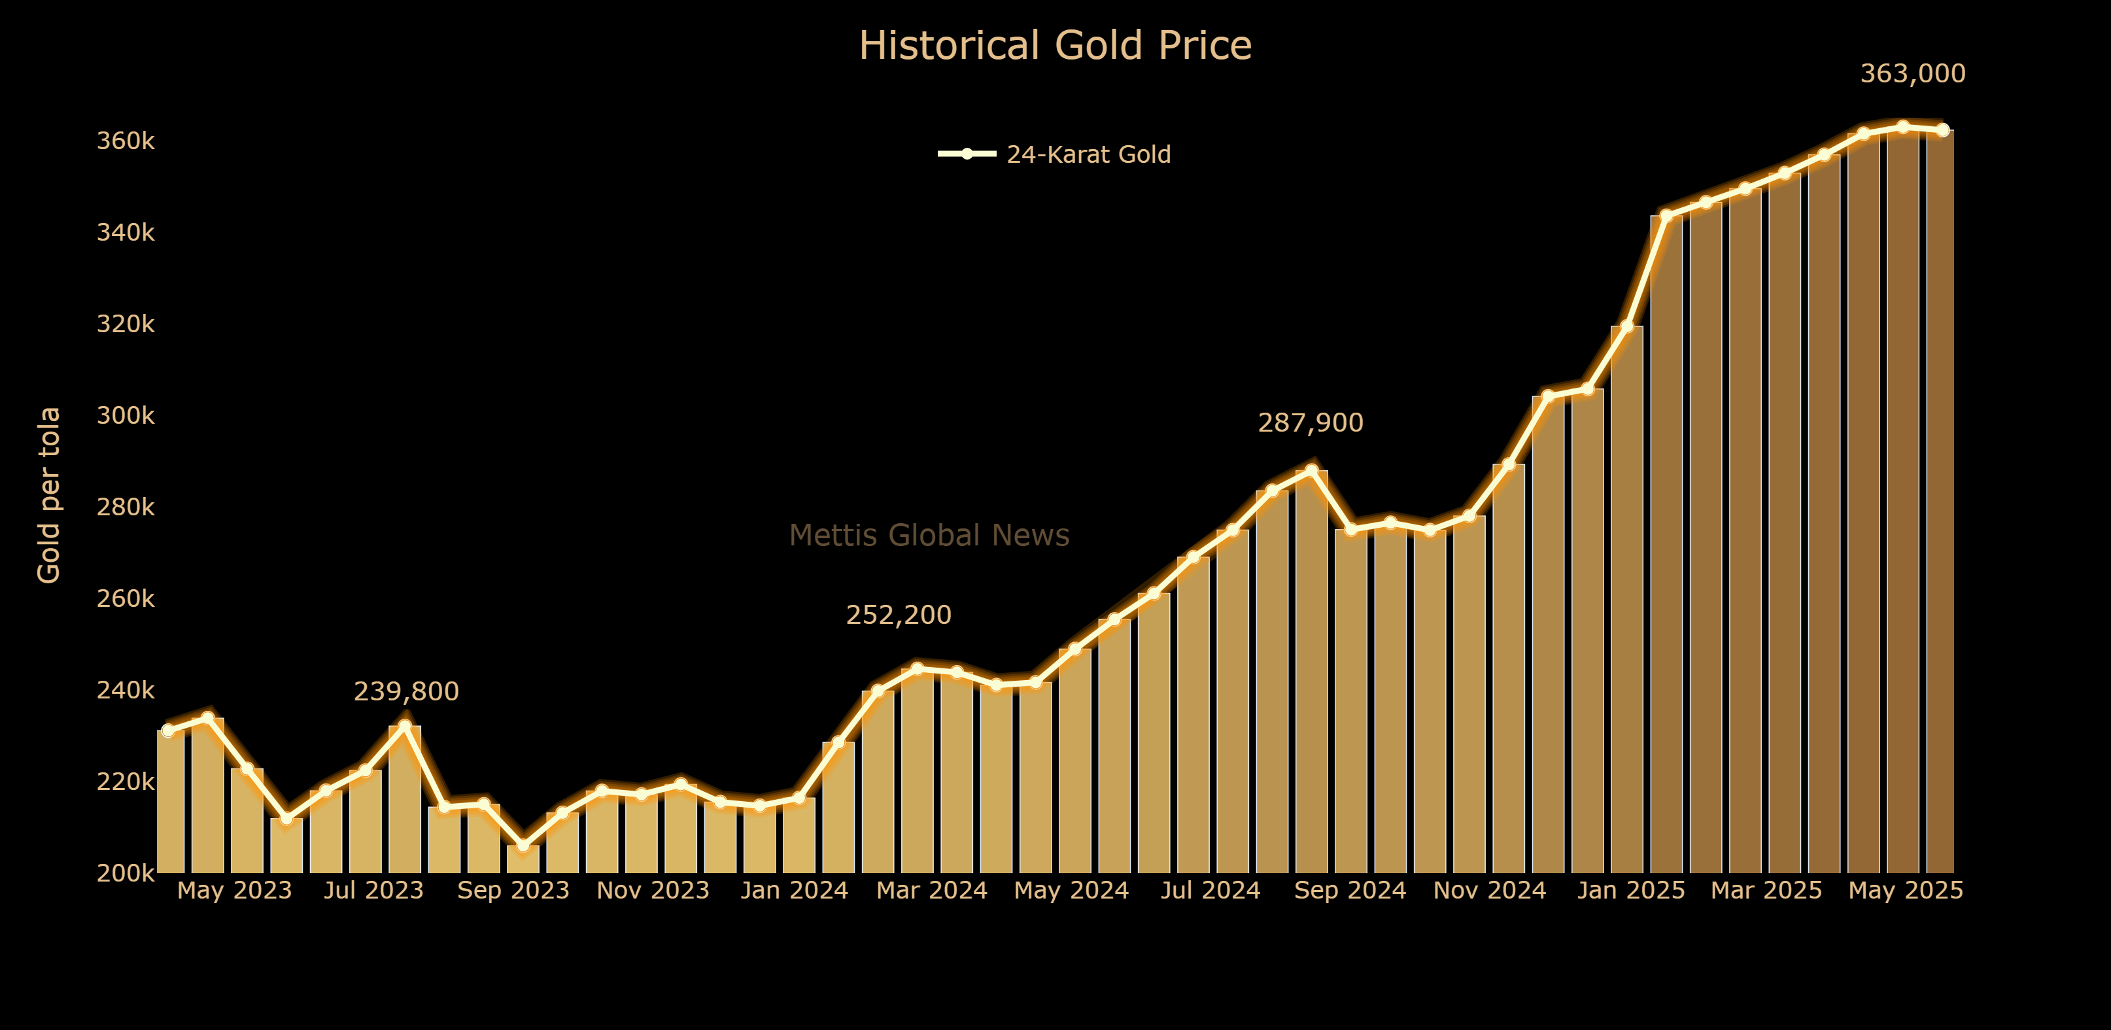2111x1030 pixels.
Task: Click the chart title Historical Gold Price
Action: (1055, 46)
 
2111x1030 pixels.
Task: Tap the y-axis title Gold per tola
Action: (49, 495)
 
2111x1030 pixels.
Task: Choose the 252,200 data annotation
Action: (898, 615)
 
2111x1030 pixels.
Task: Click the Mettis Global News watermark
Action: (929, 535)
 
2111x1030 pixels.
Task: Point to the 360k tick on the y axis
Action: (126, 141)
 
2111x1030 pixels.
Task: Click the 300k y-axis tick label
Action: (126, 415)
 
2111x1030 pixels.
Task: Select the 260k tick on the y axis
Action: (126, 599)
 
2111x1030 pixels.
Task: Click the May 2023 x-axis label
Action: (234, 890)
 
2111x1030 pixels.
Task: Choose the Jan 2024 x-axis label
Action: (793, 890)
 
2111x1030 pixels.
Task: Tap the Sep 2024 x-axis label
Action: (1349, 890)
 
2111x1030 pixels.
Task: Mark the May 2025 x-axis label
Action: (1905, 890)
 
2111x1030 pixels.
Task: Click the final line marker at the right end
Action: (1942, 130)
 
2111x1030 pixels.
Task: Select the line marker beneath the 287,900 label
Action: (1311, 470)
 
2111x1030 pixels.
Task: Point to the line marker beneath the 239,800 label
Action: (405, 726)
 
